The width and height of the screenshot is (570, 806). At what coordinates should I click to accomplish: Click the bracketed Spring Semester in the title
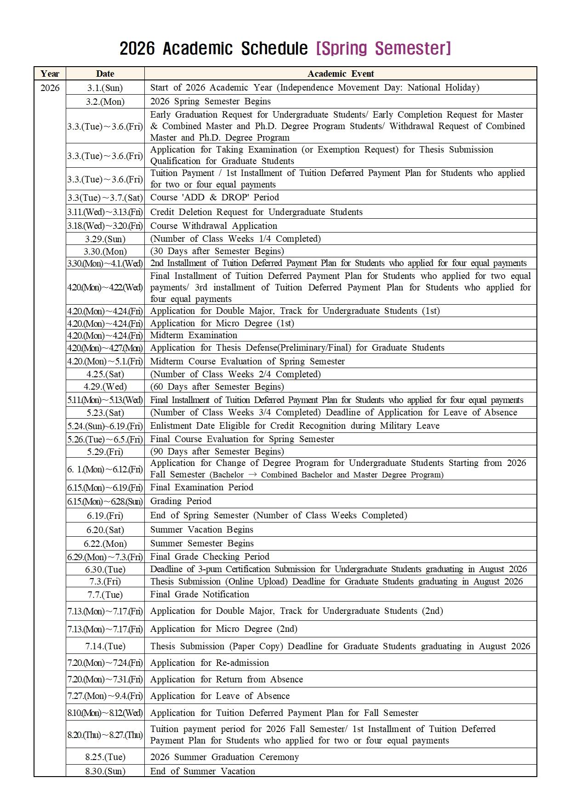pos(384,48)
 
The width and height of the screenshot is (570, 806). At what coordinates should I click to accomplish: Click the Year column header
pos(50,74)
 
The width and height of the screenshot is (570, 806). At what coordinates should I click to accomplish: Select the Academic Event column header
pos(341,74)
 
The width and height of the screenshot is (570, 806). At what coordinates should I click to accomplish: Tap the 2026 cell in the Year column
pos(50,88)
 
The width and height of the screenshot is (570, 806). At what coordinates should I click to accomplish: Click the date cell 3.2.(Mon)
pos(105,102)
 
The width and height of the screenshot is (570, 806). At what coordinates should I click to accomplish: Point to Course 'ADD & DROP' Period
pos(214,197)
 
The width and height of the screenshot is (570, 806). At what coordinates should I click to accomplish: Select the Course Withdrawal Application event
pos(213,226)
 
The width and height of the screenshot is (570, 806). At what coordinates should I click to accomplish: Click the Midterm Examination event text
pos(194,335)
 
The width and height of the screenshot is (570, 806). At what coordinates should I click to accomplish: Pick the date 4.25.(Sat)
pos(105,374)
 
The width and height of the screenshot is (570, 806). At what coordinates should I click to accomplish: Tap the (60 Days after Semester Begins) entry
pos(217,386)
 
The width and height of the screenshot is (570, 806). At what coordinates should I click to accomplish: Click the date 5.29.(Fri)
pos(105,452)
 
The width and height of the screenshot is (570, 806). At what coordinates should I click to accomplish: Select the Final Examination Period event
pos(201,487)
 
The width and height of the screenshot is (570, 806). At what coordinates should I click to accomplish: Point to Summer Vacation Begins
pos(201,529)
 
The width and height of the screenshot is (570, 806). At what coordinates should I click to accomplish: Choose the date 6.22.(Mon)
pos(105,544)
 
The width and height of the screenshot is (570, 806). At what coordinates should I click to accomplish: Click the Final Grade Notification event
pos(199,594)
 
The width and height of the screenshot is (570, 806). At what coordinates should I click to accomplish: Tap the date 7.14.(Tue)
pos(105,646)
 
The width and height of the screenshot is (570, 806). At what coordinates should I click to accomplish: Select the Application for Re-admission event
pos(209,663)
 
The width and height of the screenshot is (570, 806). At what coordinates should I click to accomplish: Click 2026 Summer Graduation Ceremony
pos(224,757)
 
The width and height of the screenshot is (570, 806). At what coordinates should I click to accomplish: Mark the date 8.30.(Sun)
pos(105,771)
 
